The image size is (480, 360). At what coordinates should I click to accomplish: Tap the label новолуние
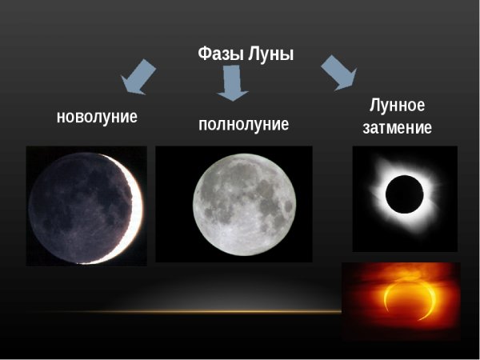coord(97,117)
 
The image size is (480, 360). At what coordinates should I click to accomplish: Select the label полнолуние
coord(243,125)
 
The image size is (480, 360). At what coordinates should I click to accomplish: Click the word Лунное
coord(397,106)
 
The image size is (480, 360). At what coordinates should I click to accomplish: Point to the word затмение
coord(397,128)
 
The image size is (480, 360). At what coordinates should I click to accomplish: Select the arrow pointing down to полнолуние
coord(232,83)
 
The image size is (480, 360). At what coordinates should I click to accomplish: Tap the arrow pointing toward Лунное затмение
coord(338,72)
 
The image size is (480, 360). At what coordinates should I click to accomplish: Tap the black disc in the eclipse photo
coord(404,194)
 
